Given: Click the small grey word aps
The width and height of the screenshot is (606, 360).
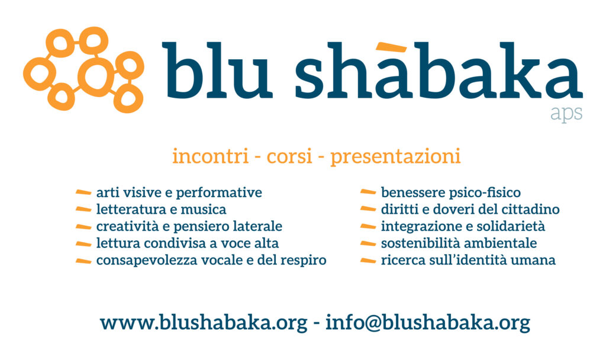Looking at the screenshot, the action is [x=566, y=114].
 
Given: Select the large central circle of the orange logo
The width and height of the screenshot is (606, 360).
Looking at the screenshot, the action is [x=94, y=75].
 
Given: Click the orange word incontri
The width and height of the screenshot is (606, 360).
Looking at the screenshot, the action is [x=210, y=156].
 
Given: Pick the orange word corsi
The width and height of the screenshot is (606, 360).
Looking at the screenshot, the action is [x=289, y=156].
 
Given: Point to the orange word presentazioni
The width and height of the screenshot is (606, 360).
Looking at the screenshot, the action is [x=395, y=157].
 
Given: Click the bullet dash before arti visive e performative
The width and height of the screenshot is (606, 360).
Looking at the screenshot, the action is [x=83, y=192].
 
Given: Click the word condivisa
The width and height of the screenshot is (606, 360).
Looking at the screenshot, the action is [x=176, y=243].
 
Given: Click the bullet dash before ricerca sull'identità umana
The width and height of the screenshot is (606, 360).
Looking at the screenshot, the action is [x=368, y=261].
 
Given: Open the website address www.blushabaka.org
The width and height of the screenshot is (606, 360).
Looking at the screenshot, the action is [x=204, y=323].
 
